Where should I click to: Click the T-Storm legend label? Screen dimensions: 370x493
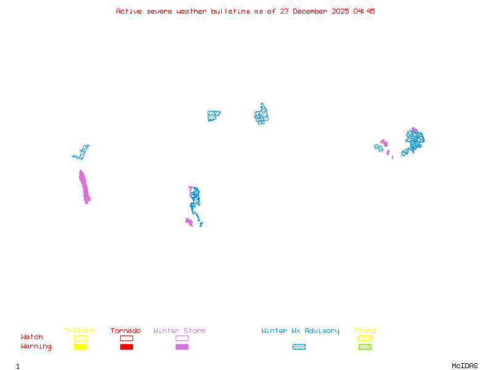[79, 331]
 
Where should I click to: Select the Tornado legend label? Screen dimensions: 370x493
[126, 331]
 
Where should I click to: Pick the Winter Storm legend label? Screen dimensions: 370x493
[179, 331]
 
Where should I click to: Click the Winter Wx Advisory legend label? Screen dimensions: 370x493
[300, 331]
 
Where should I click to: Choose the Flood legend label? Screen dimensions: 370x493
[365, 331]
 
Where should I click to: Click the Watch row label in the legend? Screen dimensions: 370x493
[32, 337]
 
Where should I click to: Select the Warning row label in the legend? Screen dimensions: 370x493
[36, 347]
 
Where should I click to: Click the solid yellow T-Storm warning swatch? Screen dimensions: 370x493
[80, 347]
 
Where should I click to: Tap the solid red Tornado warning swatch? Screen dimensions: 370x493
[126, 347]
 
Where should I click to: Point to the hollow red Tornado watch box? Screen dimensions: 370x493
[126, 338]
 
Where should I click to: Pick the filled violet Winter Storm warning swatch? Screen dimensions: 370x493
[182, 347]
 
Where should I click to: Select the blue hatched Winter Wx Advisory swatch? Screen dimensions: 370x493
[299, 347]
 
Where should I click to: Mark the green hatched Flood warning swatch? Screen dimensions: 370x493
[365, 347]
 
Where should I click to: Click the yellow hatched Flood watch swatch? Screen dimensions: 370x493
[365, 338]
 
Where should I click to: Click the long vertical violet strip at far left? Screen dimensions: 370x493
[84, 187]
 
